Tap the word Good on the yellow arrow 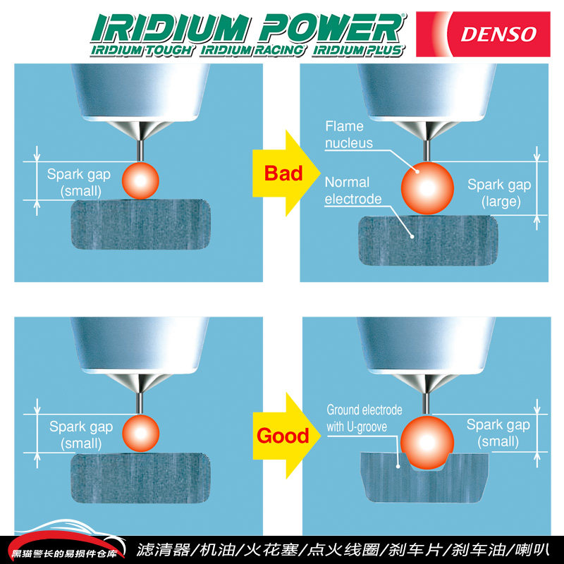pyautogui.click(x=282, y=435)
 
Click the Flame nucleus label pyautogui.click(x=349, y=135)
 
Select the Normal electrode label pyautogui.click(x=353, y=191)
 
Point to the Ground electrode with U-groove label pyautogui.click(x=364, y=418)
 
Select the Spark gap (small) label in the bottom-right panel pyautogui.click(x=498, y=434)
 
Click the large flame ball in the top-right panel pyautogui.click(x=427, y=186)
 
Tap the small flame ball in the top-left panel pyautogui.click(x=140, y=181)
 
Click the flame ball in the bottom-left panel pyautogui.click(x=140, y=433)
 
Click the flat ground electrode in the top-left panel pyautogui.click(x=140, y=224)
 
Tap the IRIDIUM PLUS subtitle pyautogui.click(x=357, y=51)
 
